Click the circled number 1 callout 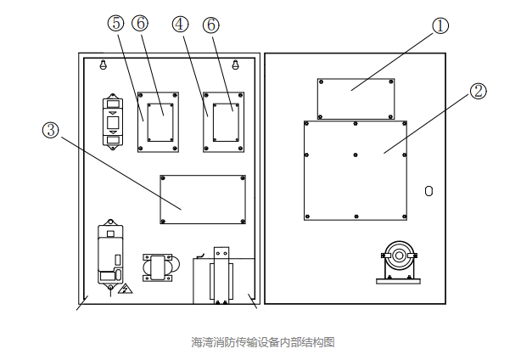[x=440, y=26]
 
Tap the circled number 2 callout [x=479, y=91]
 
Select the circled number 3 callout [x=50, y=130]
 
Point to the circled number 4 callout [x=179, y=25]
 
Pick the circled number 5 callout [x=115, y=25]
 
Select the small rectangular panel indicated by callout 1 [x=356, y=98]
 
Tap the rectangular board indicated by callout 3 [x=203, y=200]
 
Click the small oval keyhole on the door [x=428, y=191]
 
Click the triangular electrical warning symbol [x=125, y=290]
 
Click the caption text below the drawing [x=263, y=342]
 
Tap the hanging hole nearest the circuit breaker [x=104, y=65]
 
